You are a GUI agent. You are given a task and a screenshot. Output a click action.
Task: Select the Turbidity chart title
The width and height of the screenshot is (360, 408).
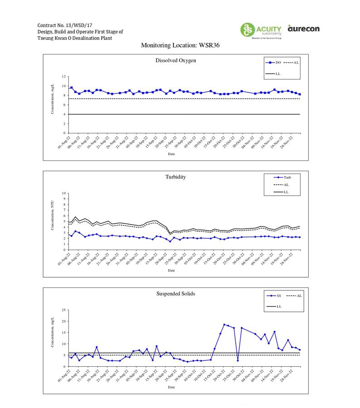point(175,177)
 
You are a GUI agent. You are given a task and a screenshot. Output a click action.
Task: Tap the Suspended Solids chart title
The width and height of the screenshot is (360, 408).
point(175,294)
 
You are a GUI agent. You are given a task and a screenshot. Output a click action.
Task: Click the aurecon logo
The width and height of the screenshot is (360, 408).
point(303,29)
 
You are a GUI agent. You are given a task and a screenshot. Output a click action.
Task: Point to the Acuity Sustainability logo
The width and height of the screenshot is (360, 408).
point(261,30)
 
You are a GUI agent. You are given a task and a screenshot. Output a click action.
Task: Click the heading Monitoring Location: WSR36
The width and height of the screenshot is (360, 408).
point(180,45)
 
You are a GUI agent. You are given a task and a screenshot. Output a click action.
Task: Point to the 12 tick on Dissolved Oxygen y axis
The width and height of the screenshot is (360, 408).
point(64,77)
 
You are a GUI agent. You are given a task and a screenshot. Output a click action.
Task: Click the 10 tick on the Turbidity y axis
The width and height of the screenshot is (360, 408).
point(64,193)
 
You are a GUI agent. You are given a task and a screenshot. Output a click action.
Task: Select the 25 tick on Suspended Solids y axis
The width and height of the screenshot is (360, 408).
point(64,310)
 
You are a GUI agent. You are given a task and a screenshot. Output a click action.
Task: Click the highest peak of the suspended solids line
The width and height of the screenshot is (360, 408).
point(224,324)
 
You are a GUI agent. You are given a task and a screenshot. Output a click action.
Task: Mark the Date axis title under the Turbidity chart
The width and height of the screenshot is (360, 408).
point(171,270)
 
